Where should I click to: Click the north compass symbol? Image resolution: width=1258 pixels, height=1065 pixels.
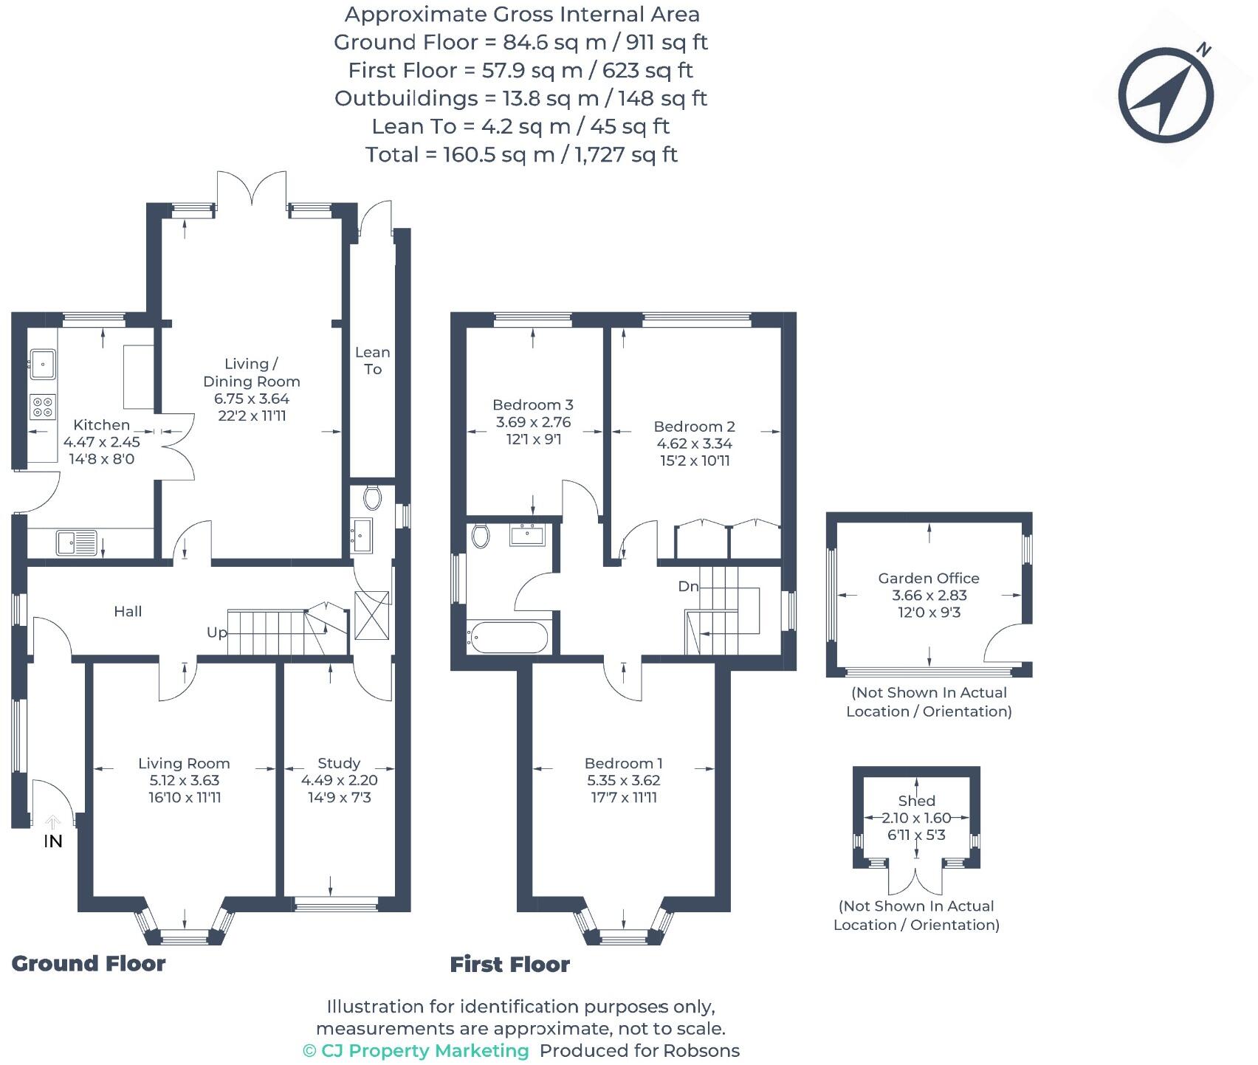(x=1166, y=95)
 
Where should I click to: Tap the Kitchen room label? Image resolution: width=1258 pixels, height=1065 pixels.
(x=102, y=425)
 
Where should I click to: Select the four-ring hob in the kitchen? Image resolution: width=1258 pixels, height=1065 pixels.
(x=42, y=406)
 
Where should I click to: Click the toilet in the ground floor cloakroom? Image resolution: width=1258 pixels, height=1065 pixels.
(x=372, y=497)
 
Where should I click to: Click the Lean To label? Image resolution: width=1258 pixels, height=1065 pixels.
(x=372, y=361)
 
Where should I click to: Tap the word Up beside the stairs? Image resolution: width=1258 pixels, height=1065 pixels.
(x=217, y=633)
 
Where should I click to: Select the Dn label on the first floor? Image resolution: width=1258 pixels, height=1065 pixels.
(x=688, y=586)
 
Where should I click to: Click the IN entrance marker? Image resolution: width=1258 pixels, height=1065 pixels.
(x=53, y=841)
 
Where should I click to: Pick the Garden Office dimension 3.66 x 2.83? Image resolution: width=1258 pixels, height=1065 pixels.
(x=929, y=596)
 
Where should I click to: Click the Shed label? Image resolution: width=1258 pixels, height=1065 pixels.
(x=916, y=801)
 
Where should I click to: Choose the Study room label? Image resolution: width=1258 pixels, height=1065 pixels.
(x=339, y=763)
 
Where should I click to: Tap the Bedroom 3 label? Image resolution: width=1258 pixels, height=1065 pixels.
(x=532, y=404)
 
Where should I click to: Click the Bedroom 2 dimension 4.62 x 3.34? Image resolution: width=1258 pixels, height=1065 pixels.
(x=694, y=444)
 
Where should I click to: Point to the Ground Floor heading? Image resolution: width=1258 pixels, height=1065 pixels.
(x=89, y=963)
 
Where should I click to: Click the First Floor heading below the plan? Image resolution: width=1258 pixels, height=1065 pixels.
(x=509, y=964)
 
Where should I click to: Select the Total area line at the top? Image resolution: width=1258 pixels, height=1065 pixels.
(x=521, y=154)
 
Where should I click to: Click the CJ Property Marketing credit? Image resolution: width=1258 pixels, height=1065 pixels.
(x=416, y=1050)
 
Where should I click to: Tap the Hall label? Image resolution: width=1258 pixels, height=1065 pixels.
(x=128, y=611)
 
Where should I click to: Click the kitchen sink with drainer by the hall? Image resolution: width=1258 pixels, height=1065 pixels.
(x=76, y=542)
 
